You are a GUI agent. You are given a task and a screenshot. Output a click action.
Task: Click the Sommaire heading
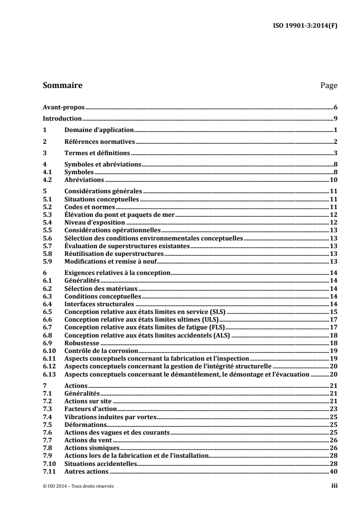62,85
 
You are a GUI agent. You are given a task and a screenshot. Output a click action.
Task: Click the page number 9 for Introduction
335,119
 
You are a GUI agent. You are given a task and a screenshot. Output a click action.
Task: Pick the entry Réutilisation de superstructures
108,254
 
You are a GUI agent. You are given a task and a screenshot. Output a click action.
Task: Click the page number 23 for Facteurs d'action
333,409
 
